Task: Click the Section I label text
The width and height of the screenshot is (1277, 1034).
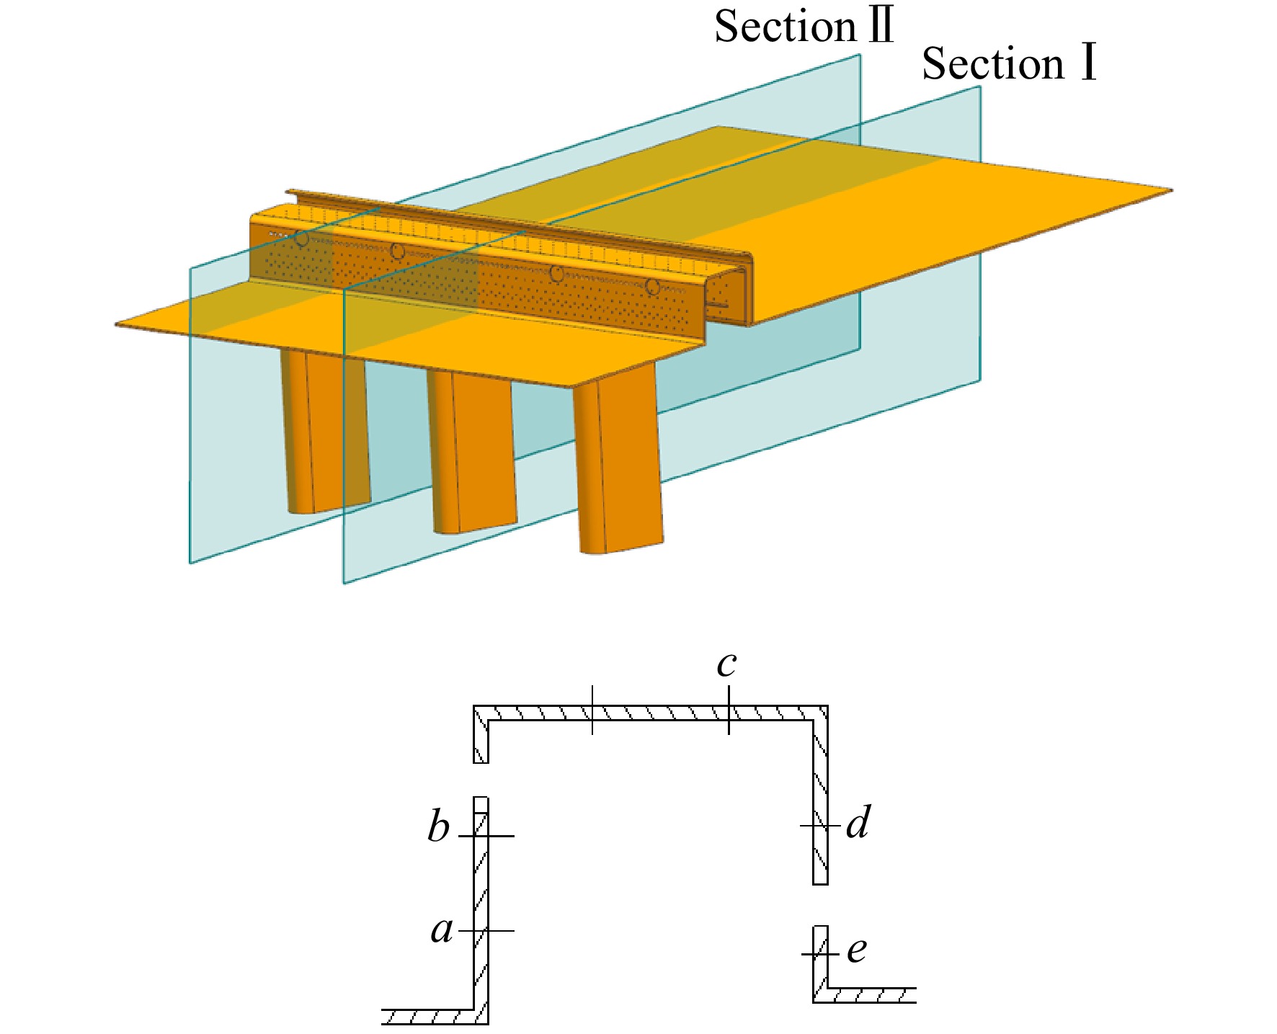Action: (x=1010, y=63)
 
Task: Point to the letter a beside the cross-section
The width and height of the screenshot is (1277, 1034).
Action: (x=442, y=930)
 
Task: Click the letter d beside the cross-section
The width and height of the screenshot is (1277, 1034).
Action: (x=858, y=822)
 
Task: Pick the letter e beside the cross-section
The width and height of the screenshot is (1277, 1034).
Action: (x=856, y=950)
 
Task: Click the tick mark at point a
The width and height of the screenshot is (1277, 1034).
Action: (x=486, y=930)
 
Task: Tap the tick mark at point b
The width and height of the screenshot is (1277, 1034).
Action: (x=486, y=836)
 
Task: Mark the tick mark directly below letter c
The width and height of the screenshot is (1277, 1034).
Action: (x=729, y=710)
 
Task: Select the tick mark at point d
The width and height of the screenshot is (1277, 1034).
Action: (x=821, y=826)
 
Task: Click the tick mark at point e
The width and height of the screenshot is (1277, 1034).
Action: (x=821, y=955)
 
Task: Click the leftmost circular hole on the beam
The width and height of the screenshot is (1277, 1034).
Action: (x=302, y=239)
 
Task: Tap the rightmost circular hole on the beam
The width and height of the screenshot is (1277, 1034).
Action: (x=653, y=287)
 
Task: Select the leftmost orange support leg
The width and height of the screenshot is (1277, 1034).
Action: (x=326, y=431)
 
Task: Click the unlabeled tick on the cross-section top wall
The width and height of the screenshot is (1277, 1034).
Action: (x=592, y=710)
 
